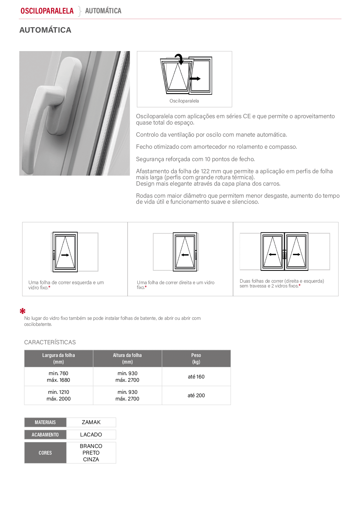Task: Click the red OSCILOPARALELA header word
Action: click(x=47, y=11)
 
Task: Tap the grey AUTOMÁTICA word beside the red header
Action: click(x=103, y=11)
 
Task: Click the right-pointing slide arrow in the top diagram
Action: click(x=195, y=79)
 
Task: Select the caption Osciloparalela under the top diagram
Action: click(x=184, y=101)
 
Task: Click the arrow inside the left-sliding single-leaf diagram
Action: click(x=65, y=255)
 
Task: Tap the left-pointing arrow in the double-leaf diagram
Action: click(x=272, y=254)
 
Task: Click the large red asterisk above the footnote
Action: click(x=22, y=311)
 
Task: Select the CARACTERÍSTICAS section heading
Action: click(x=50, y=342)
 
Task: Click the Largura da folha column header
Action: click(x=59, y=358)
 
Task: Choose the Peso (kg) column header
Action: click(x=196, y=358)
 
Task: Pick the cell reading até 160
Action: click(x=196, y=377)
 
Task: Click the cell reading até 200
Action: click(x=196, y=395)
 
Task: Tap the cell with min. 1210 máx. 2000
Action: click(x=59, y=395)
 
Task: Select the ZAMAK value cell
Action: click(x=91, y=422)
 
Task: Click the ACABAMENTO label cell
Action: click(x=45, y=434)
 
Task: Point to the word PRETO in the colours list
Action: click(x=91, y=453)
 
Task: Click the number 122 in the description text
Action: click(x=205, y=171)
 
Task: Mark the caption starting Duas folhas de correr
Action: click(x=282, y=283)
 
